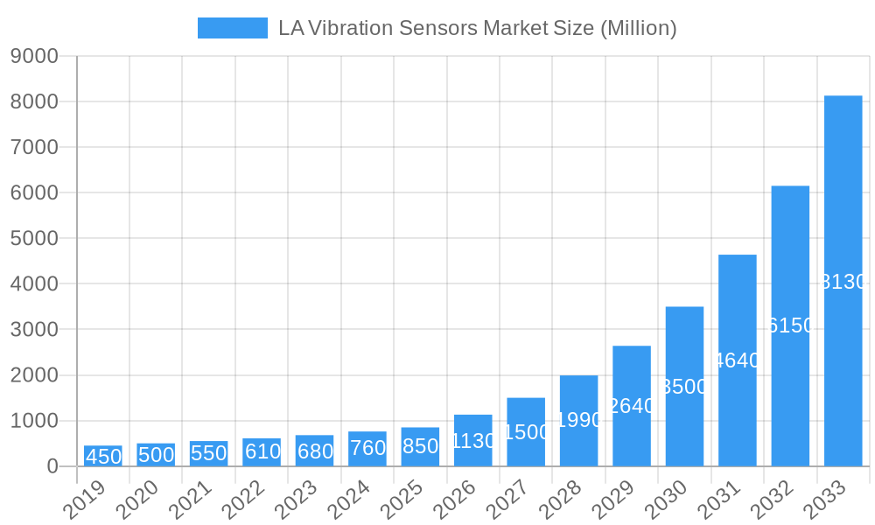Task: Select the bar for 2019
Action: pos(103,456)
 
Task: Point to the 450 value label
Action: pos(103,457)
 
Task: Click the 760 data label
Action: pos(367,448)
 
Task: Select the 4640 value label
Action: pos(738,360)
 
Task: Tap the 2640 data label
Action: pos(632,406)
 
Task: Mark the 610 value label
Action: pos(262,451)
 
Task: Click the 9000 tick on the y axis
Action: pos(34,56)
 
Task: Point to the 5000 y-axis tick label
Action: pos(34,239)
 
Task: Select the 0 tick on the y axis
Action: pos(52,467)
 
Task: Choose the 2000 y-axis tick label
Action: pos(34,375)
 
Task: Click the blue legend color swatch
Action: pos(233,28)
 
